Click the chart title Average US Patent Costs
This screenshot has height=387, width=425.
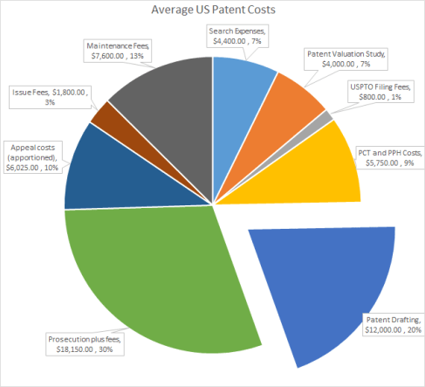212,10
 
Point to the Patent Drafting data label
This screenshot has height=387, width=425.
391,324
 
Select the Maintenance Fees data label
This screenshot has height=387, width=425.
121,50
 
